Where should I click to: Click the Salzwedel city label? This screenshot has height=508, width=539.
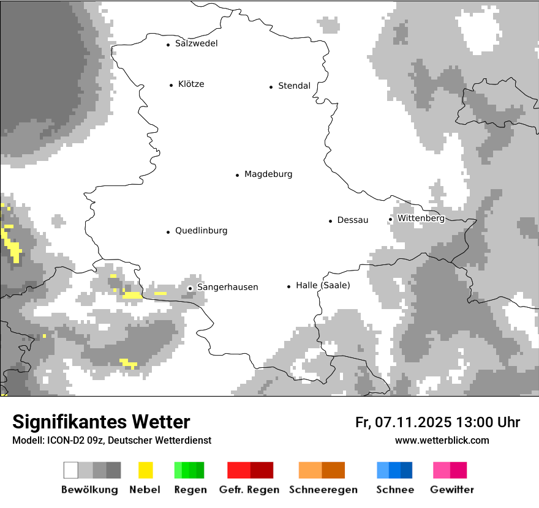pos(196,43)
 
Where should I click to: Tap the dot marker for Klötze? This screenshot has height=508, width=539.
pos(171,85)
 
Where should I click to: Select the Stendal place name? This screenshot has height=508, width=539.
pos(294,86)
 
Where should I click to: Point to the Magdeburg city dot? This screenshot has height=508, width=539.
pos(237,175)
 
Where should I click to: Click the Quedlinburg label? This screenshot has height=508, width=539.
pos(201,231)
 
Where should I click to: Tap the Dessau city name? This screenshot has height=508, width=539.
pos(352,220)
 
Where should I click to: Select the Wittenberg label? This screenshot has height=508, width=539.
pos(421,219)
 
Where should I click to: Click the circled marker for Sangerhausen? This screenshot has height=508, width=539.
pos(190,288)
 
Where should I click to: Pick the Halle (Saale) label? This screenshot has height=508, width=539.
pos(323,286)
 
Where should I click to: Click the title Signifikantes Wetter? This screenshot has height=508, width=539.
pos(101,422)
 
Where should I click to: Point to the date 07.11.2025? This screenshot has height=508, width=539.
pos(413,422)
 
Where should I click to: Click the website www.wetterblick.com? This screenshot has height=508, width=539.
pos(442,440)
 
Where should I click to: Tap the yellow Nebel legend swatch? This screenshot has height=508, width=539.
pos(145,470)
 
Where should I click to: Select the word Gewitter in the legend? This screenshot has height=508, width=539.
pos(452,490)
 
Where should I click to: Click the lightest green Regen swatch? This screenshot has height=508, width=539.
pos(178,470)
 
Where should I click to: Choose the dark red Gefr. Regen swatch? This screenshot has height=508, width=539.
pos(262,470)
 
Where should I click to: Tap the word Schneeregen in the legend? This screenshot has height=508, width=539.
pos(323,490)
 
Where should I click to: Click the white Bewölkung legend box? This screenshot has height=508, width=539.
pos(71,470)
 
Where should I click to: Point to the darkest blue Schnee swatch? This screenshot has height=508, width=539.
pos(406,470)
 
